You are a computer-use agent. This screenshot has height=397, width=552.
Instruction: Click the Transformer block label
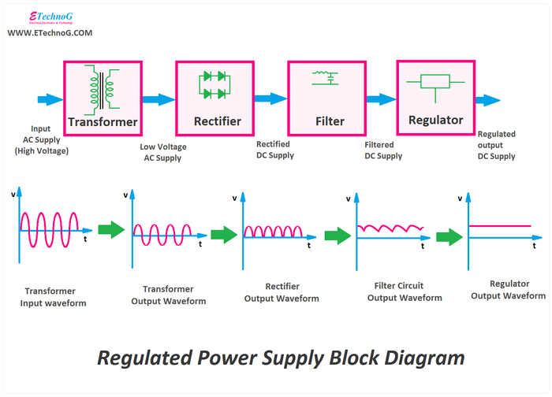[103, 122]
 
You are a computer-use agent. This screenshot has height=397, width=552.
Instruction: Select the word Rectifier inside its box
[217, 121]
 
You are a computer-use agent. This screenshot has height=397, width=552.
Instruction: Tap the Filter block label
[329, 121]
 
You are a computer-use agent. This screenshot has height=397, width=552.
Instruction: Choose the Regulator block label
[435, 121]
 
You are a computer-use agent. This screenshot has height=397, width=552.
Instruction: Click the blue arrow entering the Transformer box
[48, 99]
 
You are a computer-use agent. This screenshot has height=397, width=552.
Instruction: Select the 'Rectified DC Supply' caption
[274, 150]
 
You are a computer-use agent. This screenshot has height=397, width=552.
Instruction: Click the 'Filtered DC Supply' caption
[383, 150]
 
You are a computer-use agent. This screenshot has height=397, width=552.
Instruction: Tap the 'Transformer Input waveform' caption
[55, 296]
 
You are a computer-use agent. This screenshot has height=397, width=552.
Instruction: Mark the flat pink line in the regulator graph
[499, 227]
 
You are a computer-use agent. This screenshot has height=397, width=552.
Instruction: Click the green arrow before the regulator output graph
[449, 236]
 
